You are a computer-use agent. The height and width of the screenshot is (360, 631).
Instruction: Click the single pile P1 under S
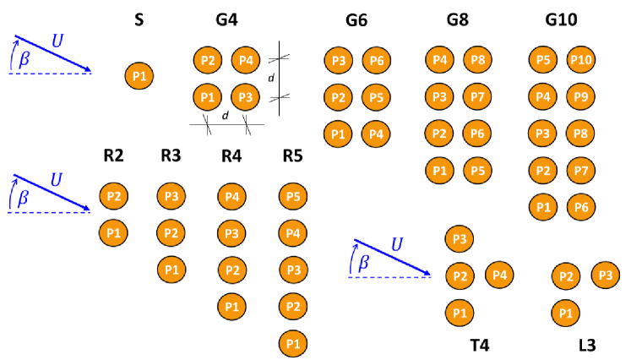click(139, 76)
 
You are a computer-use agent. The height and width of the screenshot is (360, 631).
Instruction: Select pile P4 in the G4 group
click(245, 60)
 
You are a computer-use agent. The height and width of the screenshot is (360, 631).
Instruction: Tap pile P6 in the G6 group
click(376, 60)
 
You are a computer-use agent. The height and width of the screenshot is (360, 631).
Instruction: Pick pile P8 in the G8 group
click(477, 60)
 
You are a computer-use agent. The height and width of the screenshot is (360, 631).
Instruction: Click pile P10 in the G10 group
click(580, 60)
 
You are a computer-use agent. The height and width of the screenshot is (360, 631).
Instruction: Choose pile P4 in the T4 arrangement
click(498, 275)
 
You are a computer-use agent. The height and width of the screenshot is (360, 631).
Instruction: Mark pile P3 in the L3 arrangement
click(604, 275)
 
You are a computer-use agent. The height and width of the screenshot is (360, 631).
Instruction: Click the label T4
click(480, 345)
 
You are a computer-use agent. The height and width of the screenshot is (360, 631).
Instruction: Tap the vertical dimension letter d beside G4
click(271, 79)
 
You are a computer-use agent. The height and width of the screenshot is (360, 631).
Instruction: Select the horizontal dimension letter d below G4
click(226, 116)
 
